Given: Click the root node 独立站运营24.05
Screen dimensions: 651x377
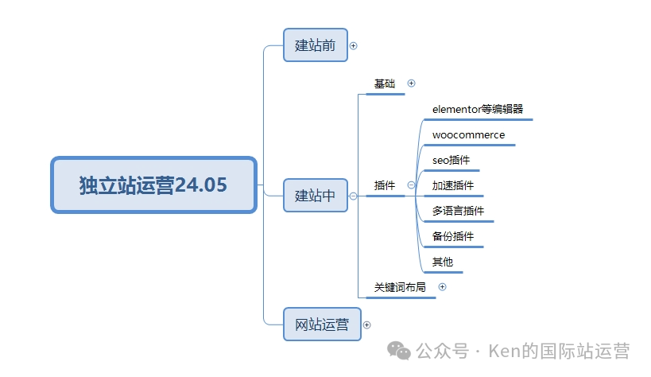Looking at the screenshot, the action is tap(153, 185).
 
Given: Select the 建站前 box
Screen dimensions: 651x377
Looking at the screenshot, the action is tap(316, 45).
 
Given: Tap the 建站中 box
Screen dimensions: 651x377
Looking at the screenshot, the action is tap(316, 195).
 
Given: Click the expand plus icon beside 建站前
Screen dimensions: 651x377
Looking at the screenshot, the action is tap(354, 46).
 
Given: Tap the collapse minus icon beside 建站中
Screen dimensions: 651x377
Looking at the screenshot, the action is tap(354, 196).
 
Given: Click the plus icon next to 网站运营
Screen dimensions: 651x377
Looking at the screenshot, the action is tap(366, 325).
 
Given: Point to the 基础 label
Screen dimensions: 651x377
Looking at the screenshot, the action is tap(385, 84).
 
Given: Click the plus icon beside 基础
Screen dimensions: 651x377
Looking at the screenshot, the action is tap(411, 83).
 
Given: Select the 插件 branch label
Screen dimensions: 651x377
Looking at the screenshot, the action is tap(385, 185).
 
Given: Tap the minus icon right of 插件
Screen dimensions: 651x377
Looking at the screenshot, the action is tap(411, 185).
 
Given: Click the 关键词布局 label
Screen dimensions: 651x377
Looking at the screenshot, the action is tap(400, 287).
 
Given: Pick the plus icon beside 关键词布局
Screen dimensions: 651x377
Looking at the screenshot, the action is tap(443, 287).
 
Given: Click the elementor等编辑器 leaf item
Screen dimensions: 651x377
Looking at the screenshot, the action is tap(478, 109).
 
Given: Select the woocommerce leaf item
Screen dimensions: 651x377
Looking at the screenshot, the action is tap(468, 134).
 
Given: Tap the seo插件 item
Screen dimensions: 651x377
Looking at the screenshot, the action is tap(451, 160).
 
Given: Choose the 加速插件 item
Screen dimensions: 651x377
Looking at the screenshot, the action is tap(453, 185).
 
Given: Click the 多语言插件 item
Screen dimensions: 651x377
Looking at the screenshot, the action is tap(458, 211).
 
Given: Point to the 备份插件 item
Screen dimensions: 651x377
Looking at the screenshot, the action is tap(453, 236).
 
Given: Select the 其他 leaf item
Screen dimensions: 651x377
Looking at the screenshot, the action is tap(443, 262).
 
